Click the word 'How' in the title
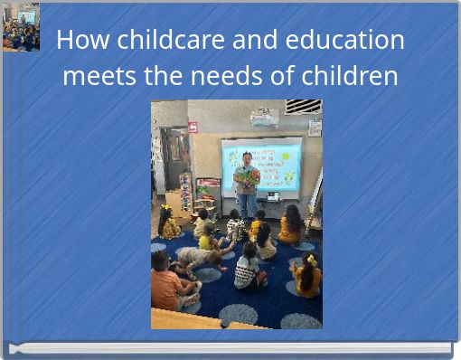pos(78,41)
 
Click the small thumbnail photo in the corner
pos(20,27)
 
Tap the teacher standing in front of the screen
pos(246,185)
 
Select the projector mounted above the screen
pos(264,117)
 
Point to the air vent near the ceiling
pos(303,107)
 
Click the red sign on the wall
pos(193,128)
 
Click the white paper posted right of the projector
pos(314,128)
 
